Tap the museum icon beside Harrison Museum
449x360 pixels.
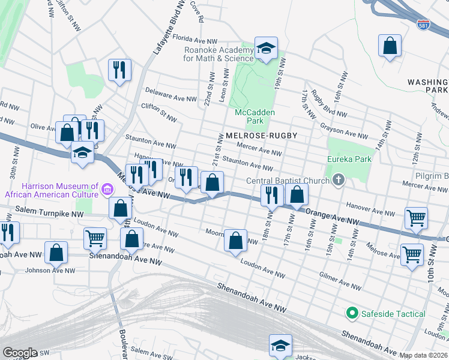click(x=107, y=190)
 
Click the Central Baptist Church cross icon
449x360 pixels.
click(x=339, y=180)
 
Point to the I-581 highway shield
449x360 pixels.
click(x=423, y=25)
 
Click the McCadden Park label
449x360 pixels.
click(x=255, y=116)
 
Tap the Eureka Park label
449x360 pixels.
click(x=349, y=159)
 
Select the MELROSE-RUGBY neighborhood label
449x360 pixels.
click(x=262, y=136)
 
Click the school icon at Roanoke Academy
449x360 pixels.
click(x=265, y=48)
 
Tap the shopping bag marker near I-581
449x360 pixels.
click(x=390, y=46)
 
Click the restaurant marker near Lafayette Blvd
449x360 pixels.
click(x=119, y=70)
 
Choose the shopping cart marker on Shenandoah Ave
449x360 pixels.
click(x=95, y=238)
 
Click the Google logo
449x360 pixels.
click(x=20, y=353)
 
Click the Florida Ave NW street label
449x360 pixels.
click(x=194, y=37)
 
